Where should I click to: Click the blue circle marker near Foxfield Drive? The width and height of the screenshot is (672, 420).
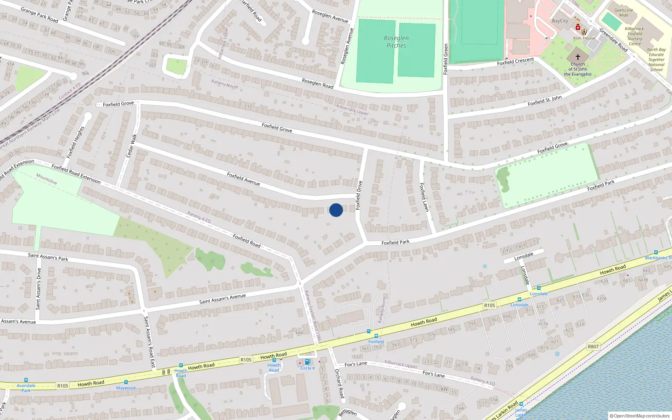[336, 210]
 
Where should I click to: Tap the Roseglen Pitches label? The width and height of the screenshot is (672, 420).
[396, 42]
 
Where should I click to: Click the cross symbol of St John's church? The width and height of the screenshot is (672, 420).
[577, 57]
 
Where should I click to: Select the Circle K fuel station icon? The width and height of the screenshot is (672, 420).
[307, 362]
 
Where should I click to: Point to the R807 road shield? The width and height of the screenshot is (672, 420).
[593, 346]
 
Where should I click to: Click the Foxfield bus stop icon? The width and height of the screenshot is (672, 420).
[376, 336]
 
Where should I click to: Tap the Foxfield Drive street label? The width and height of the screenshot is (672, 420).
[359, 195]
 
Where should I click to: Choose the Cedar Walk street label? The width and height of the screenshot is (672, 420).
[131, 146]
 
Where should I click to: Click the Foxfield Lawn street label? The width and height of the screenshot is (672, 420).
[424, 197]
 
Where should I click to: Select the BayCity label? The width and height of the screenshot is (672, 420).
[560, 21]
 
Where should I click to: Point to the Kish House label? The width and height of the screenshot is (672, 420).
[584, 38]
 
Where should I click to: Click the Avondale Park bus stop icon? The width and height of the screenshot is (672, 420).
[26, 380]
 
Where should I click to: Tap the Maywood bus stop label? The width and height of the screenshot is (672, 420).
[126, 388]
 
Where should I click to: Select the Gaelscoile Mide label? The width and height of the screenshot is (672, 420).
[624, 13]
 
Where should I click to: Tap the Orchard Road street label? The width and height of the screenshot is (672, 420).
[339, 383]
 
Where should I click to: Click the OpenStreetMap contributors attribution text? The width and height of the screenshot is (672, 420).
[640, 416]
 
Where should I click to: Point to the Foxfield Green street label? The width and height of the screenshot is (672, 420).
[446, 59]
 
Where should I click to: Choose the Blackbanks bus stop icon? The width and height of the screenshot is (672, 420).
[656, 252]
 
